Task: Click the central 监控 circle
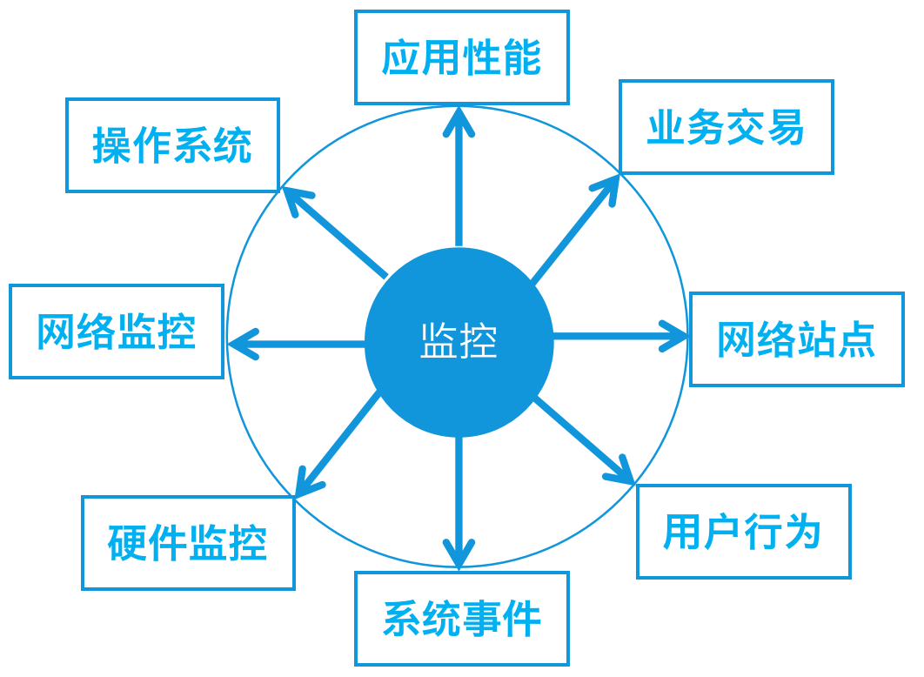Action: click(x=459, y=342)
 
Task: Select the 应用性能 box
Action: click(x=462, y=57)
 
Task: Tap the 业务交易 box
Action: click(x=726, y=127)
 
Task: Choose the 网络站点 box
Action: click(x=797, y=339)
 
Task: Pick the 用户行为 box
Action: click(x=744, y=532)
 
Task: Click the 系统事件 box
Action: click(x=462, y=619)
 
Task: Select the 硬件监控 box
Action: click(x=189, y=543)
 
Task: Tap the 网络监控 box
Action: click(x=117, y=332)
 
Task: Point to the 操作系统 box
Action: click(x=172, y=145)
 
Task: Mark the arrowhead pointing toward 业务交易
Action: click(x=609, y=187)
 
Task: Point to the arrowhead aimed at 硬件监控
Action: click(x=305, y=483)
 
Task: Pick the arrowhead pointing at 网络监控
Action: click(x=241, y=344)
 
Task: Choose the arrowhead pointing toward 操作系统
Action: click(x=295, y=201)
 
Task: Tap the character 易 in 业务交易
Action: click(x=786, y=127)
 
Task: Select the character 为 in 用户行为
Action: click(x=803, y=532)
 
